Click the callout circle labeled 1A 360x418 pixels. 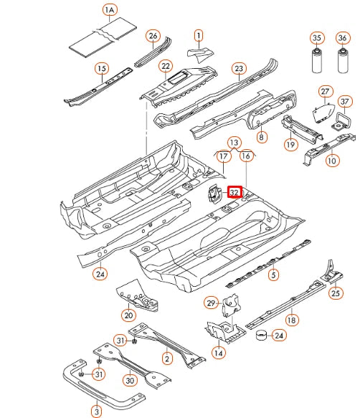(x=109, y=10)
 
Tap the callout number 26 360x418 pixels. (x=152, y=36)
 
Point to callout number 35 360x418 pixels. (x=316, y=38)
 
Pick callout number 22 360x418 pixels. (x=166, y=67)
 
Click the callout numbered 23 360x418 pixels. (x=238, y=69)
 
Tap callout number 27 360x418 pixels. (x=326, y=92)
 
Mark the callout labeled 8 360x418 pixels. (x=261, y=137)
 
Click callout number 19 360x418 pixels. (x=290, y=145)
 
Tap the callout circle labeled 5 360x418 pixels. (x=273, y=274)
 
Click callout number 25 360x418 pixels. (x=336, y=293)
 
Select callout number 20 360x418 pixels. (x=128, y=315)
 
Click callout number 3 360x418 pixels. (x=96, y=410)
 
